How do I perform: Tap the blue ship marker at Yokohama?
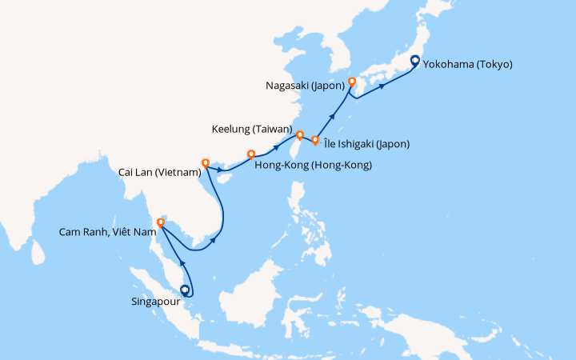point(414,60)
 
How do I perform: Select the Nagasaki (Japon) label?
point(303,84)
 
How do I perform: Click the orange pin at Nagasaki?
point(351,82)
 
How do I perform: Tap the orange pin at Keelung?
point(299,135)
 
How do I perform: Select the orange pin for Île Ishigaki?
point(315,141)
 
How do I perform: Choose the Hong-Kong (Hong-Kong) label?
point(313,166)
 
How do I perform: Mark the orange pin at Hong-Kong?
point(251,154)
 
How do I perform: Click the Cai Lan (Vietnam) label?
point(158,172)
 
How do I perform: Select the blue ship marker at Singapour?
point(186,291)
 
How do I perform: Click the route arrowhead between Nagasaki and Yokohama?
point(382,86)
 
